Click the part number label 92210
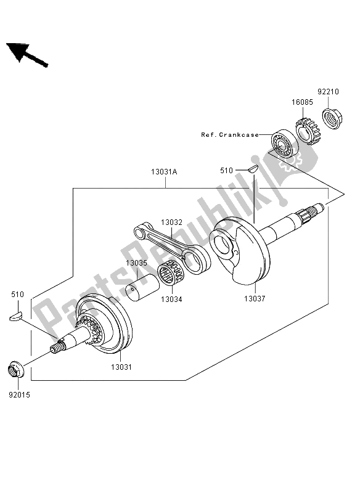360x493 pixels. [328, 92]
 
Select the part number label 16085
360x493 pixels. [302, 102]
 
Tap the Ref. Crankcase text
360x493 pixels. [230, 135]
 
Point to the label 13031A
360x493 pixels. [164, 172]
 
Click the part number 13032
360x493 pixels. [171, 222]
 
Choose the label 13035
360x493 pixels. [137, 263]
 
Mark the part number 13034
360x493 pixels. [171, 299]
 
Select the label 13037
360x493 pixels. [255, 299]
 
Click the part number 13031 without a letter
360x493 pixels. [121, 367]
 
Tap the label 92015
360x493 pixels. [20, 395]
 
